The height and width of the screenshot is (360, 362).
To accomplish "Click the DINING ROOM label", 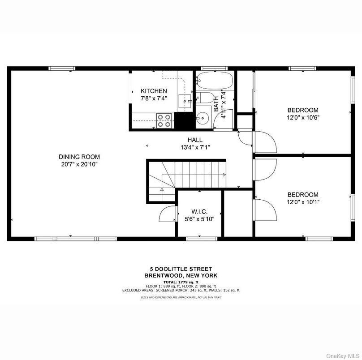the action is pyautogui.click(x=79, y=157).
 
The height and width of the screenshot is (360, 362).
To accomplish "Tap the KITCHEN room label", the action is pyautogui.click(x=154, y=91).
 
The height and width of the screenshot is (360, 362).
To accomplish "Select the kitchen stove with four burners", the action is pyautogui.click(x=164, y=121).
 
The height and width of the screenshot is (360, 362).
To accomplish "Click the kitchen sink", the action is pyautogui.click(x=185, y=101).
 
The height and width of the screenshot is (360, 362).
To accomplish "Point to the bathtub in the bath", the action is pyautogui.click(x=215, y=81).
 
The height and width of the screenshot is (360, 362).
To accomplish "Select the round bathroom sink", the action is pyautogui.click(x=203, y=118).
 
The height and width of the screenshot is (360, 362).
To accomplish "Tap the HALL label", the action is pyautogui.click(x=195, y=140).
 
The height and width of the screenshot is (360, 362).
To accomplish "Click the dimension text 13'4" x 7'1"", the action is pyautogui.click(x=195, y=147).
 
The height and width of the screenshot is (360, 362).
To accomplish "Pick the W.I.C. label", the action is pyautogui.click(x=199, y=211).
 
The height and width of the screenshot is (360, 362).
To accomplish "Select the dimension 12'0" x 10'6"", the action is pyautogui.click(x=303, y=117).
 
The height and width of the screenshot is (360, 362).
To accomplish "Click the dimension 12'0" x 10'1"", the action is pyautogui.click(x=303, y=202).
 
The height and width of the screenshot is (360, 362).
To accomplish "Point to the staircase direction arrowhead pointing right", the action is pyautogui.click(x=224, y=175).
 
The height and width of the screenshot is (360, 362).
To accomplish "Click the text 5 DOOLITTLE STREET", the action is pyautogui.click(x=181, y=269).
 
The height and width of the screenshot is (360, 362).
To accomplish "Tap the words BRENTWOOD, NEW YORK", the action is pyautogui.click(x=181, y=275).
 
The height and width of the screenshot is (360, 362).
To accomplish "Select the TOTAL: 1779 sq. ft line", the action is pyautogui.click(x=181, y=282).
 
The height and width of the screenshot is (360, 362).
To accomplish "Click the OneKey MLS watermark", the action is pyautogui.click(x=343, y=356).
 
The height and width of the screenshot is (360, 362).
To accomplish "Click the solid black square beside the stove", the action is pyautogui.click(x=185, y=121).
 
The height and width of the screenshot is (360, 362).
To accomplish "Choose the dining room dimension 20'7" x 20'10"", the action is pyautogui.click(x=79, y=164).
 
